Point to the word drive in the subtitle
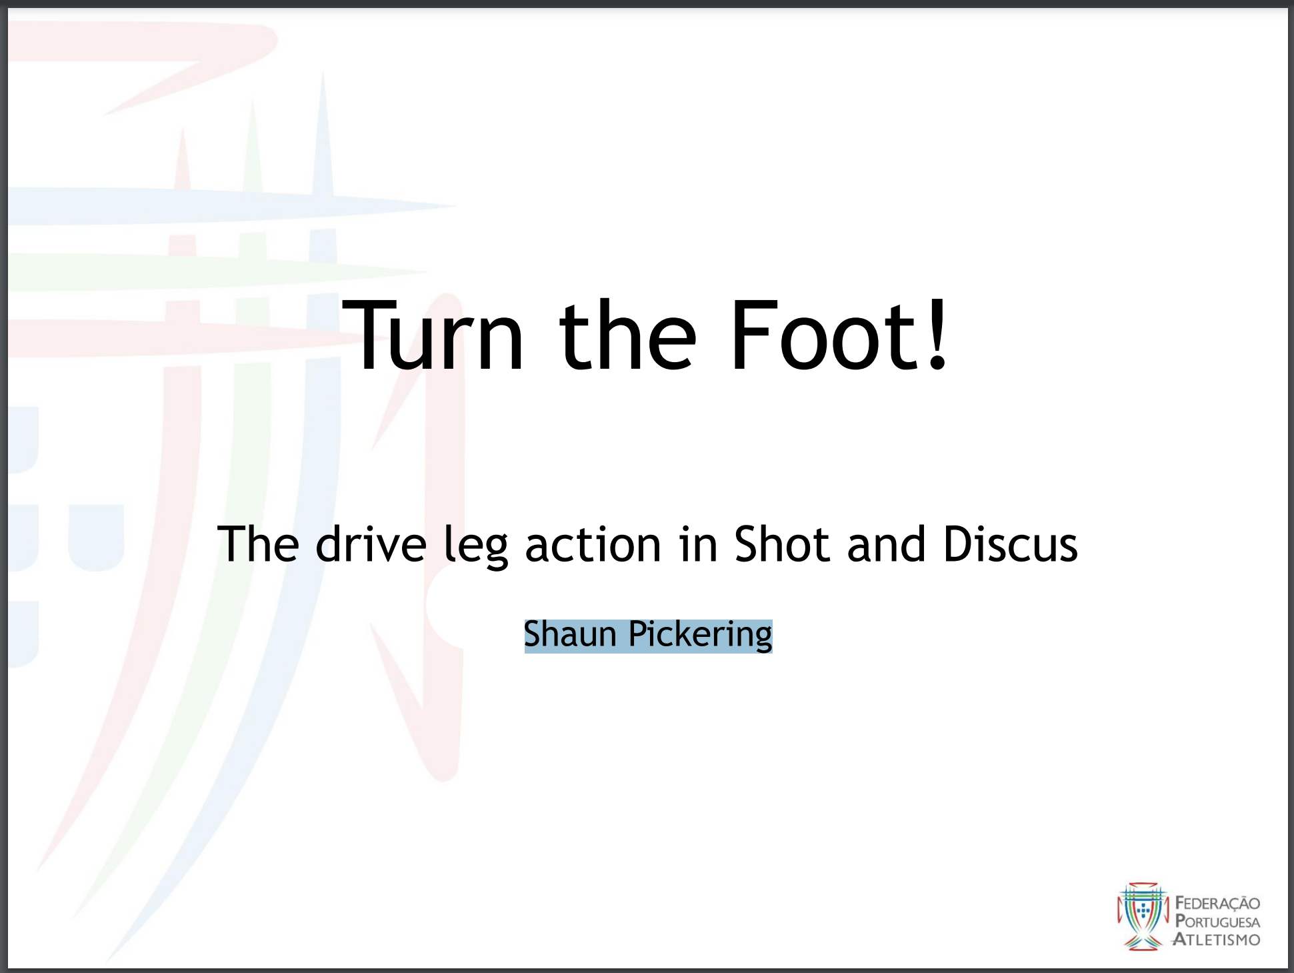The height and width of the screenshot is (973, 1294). (x=371, y=544)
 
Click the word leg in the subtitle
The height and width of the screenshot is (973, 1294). (x=476, y=548)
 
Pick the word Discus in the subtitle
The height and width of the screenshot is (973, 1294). (x=1011, y=544)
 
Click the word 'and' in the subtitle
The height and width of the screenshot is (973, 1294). (x=886, y=544)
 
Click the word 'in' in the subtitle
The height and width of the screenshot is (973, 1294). (x=698, y=544)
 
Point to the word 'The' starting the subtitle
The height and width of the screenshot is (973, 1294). (x=258, y=544)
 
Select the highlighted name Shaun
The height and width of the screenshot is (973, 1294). (x=570, y=634)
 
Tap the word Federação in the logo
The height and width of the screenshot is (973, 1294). (x=1217, y=904)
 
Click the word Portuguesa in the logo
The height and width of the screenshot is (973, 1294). (x=1217, y=922)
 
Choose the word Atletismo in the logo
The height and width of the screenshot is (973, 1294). (x=1217, y=940)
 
